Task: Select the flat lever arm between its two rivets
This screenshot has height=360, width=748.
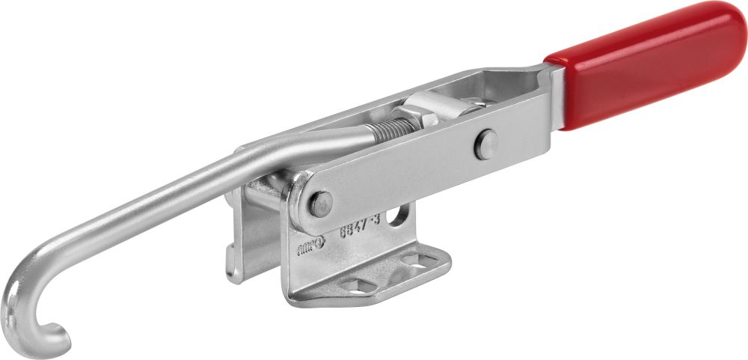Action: tap(404, 172)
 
